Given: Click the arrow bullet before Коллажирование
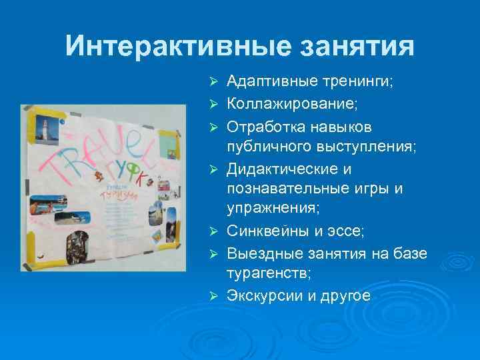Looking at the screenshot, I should point(214,104).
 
